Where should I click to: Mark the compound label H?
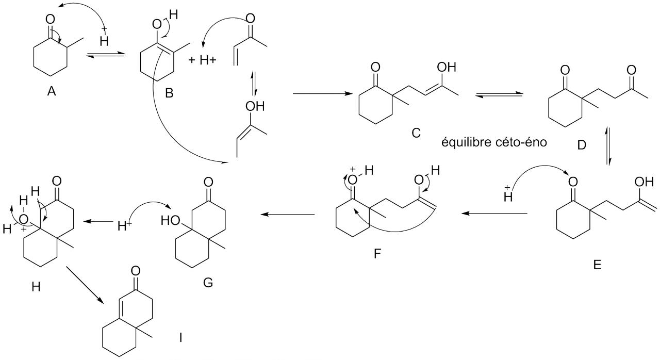tap(36, 287)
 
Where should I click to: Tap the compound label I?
tap(180, 338)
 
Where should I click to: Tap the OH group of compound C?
tap(445, 67)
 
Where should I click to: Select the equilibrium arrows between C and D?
tap(499, 94)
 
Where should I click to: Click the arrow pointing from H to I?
tap(86, 285)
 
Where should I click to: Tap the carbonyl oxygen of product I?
tap(136, 270)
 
